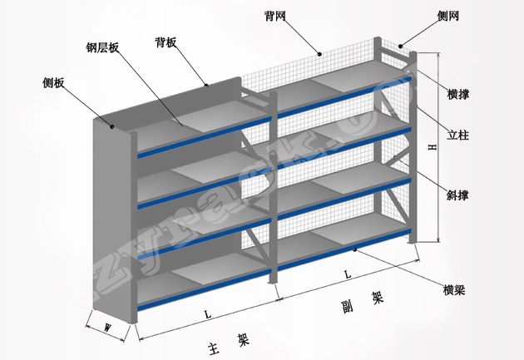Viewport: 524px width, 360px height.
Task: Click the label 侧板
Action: pyautogui.click(x=54, y=83)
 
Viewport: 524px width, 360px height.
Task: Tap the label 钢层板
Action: pyautogui.click(x=103, y=47)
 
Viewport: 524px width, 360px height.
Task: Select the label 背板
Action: pyautogui.click(x=166, y=42)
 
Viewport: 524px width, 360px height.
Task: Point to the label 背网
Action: pyautogui.click(x=275, y=16)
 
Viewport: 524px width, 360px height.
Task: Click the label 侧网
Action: pyautogui.click(x=447, y=16)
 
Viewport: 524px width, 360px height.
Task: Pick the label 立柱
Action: pyautogui.click(x=457, y=133)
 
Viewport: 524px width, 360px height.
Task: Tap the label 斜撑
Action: pyautogui.click(x=457, y=195)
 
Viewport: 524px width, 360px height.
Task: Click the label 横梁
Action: pyautogui.click(x=454, y=289)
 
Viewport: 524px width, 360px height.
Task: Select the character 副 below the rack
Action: pyautogui.click(x=347, y=303)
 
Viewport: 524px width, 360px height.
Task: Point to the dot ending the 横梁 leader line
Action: pyautogui.click(x=356, y=249)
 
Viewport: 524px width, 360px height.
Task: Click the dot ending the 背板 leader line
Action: pyautogui.click(x=206, y=84)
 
